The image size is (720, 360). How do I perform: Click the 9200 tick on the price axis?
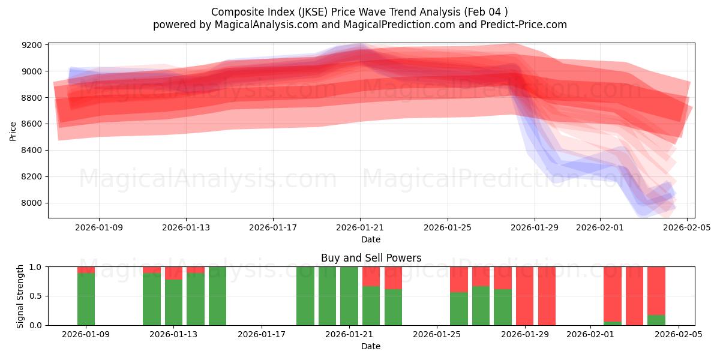pyautogui.click(x=32, y=45)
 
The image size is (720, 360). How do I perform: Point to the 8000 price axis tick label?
pyautogui.click(x=32, y=203)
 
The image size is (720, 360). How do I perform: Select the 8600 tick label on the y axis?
pyautogui.click(x=32, y=124)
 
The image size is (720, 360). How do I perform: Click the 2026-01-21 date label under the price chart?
pyautogui.click(x=360, y=228)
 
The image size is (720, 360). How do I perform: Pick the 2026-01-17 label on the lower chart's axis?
pyautogui.click(x=262, y=335)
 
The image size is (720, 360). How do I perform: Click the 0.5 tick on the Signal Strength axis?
pyautogui.click(x=36, y=296)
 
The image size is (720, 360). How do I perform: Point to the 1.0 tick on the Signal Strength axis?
pyautogui.click(x=36, y=267)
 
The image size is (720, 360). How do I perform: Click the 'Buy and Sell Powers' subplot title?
pyautogui.click(x=371, y=258)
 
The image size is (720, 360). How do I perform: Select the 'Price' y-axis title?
pyautogui.click(x=13, y=131)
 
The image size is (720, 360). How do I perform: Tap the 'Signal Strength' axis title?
pyautogui.click(x=20, y=296)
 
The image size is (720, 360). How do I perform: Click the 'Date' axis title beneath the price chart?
pyautogui.click(x=371, y=239)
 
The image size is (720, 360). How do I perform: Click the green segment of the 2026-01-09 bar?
pyautogui.click(x=86, y=299)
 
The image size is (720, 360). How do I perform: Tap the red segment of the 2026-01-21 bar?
pyautogui.click(x=371, y=276)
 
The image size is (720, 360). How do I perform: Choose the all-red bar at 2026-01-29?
pyautogui.click(x=547, y=296)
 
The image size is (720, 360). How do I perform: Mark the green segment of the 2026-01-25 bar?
pyautogui.click(x=459, y=308)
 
